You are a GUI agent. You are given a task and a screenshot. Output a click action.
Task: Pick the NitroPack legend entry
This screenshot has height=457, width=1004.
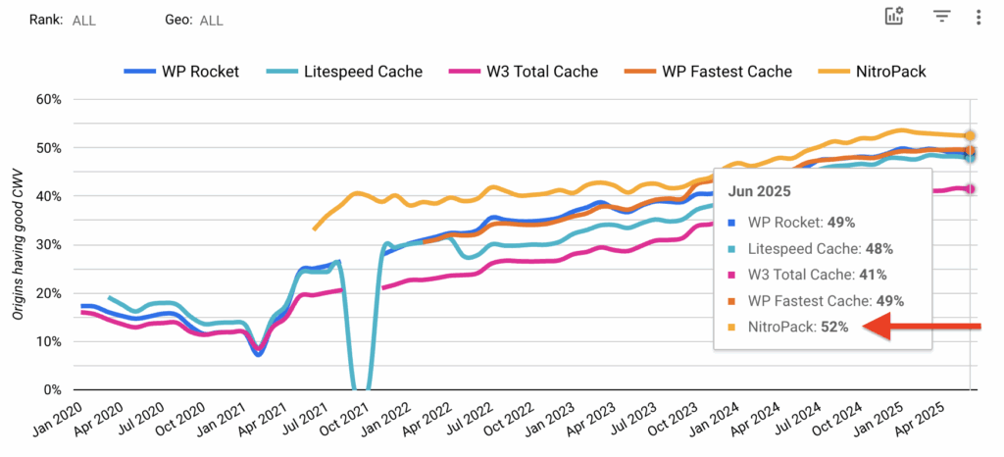[x=882, y=71]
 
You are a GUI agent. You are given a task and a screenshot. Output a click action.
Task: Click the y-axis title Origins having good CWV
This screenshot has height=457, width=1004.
[x=19, y=244]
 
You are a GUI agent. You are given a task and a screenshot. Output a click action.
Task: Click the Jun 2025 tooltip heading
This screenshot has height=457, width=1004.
[x=760, y=191]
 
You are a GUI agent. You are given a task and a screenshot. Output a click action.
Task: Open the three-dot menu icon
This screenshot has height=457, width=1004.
[x=978, y=17]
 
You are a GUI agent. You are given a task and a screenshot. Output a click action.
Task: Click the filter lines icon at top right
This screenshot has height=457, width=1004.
[x=942, y=17]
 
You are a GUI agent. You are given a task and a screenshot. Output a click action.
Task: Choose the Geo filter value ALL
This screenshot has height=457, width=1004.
[x=211, y=20]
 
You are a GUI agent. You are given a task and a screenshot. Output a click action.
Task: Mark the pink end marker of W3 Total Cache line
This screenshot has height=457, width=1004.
[x=970, y=188]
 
